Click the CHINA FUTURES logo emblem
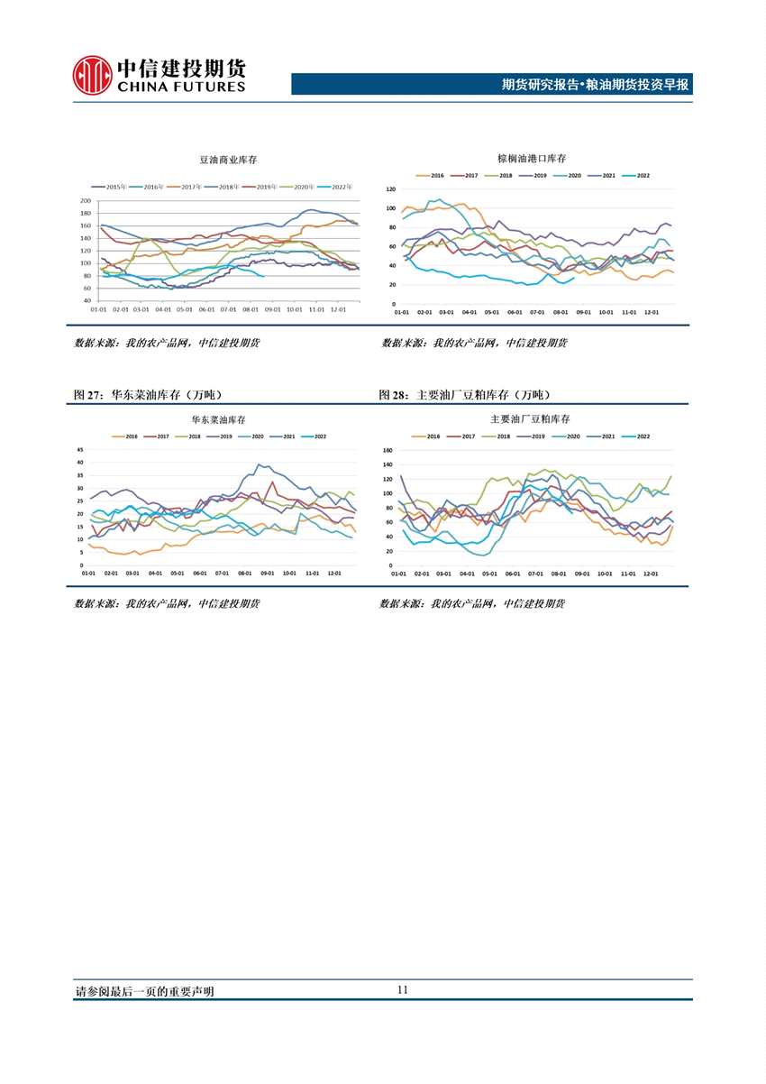pyautogui.click(x=93, y=75)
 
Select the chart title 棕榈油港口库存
pyautogui.click(x=532, y=158)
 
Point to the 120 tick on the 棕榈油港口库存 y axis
pyautogui.click(x=391, y=189)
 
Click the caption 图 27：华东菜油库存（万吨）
pyautogui.click(x=148, y=395)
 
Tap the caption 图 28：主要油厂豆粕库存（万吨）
pyautogui.click(x=464, y=395)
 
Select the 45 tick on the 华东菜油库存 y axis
pyautogui.click(x=80, y=449)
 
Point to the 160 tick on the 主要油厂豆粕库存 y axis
pyautogui.click(x=388, y=450)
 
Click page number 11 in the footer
pyautogui.click(x=403, y=989)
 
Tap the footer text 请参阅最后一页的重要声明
pyautogui.click(x=144, y=991)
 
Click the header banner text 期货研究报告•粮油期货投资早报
pyautogui.click(x=595, y=85)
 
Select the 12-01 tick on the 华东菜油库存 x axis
pyautogui.click(x=334, y=573)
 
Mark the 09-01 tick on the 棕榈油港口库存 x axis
pyautogui.click(x=583, y=312)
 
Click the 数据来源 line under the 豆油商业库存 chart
pyautogui.click(x=167, y=343)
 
